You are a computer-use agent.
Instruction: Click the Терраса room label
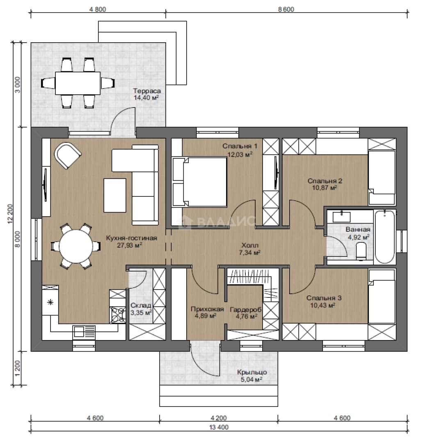147,91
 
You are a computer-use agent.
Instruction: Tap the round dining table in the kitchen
76,246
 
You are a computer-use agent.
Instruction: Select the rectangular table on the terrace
78,83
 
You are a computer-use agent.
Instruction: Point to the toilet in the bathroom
361,251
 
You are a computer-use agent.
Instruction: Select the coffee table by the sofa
115,195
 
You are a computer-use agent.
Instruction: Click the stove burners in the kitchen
117,315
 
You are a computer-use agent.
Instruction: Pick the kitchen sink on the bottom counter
84,332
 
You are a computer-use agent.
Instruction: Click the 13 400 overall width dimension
219,427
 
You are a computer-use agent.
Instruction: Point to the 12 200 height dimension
10,214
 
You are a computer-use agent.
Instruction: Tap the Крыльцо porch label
252,372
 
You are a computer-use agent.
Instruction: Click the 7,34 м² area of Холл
250,252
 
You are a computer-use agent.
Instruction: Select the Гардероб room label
246,310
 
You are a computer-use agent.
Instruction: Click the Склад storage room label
141,306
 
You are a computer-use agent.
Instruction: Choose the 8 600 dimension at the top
286,9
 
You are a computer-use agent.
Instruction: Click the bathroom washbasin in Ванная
341,217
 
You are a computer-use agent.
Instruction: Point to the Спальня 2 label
325,181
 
